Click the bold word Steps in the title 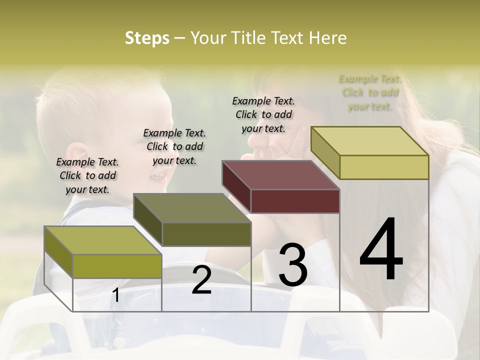click(x=147, y=38)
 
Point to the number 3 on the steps click(x=292, y=265)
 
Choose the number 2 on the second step click(x=201, y=280)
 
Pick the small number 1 click(x=116, y=295)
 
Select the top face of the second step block click(x=192, y=208)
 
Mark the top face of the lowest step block click(x=103, y=240)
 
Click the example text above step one click(x=87, y=175)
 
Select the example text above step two click(x=174, y=146)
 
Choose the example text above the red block click(x=263, y=114)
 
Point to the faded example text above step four click(x=370, y=92)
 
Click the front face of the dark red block click(x=295, y=201)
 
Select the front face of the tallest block click(x=384, y=167)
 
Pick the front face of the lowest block click(x=117, y=266)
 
